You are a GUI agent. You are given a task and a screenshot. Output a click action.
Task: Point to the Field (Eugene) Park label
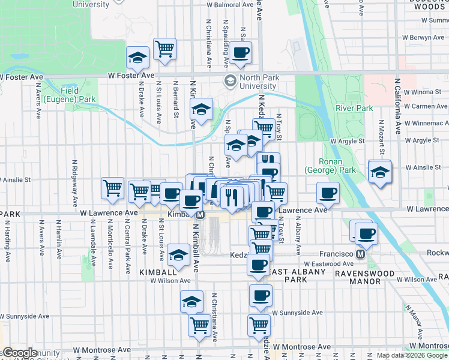(71, 94)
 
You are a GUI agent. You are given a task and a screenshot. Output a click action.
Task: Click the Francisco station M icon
(361, 254)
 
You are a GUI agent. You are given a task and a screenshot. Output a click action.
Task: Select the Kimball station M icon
(201, 214)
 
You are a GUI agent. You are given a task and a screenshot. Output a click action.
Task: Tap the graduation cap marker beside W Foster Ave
(137, 58)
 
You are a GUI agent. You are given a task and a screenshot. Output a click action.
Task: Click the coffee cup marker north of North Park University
(240, 52)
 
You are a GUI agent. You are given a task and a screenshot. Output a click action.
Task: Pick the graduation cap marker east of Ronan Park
(379, 172)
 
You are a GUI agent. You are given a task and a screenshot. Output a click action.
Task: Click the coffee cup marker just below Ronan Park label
(328, 193)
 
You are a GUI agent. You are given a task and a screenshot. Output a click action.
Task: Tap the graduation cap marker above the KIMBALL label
(178, 255)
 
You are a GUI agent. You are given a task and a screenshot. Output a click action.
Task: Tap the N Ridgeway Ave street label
(75, 179)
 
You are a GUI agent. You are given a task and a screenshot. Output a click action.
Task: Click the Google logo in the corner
(20, 353)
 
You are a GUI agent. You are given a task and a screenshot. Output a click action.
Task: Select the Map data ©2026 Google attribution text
(411, 355)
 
